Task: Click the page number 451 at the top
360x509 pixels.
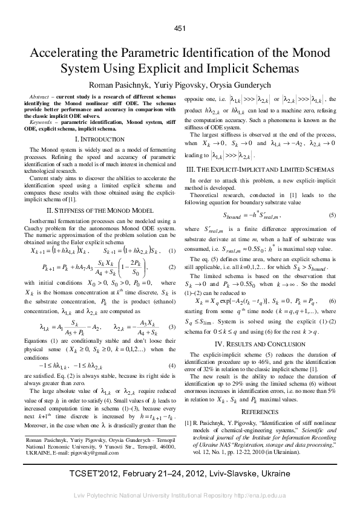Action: coord(180,28)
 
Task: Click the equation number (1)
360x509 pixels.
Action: coord(172,250)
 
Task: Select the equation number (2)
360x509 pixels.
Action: coord(172,267)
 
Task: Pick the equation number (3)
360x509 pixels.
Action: coord(172,310)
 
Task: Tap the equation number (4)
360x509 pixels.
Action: coord(172,349)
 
